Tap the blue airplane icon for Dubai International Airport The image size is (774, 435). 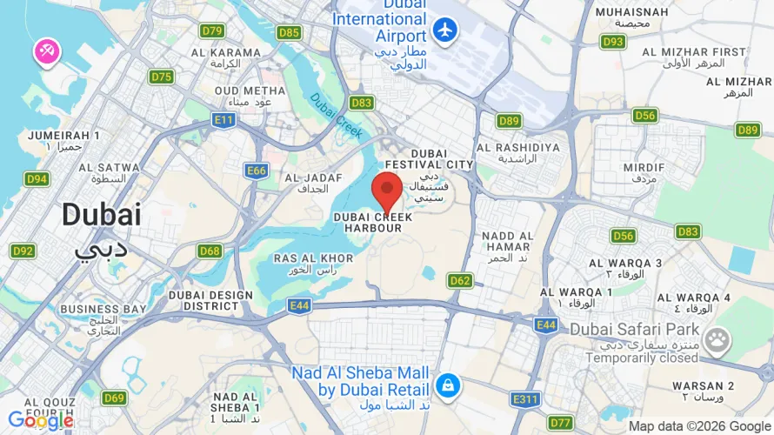pos(445,30)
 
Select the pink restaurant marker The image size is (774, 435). pos(47,52)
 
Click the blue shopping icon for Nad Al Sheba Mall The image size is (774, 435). pos(447,385)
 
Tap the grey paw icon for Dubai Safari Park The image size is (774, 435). pos(717,340)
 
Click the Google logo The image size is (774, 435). pos(41,421)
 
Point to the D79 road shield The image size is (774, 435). pos(212,30)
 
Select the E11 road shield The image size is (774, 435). pos(224,118)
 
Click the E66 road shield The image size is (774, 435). pos(257,171)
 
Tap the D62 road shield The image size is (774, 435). pos(460,280)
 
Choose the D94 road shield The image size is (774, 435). pos(37,179)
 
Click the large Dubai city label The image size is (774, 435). pos(101,215)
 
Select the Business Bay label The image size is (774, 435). pos(103,309)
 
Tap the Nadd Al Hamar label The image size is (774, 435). pos(507,241)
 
